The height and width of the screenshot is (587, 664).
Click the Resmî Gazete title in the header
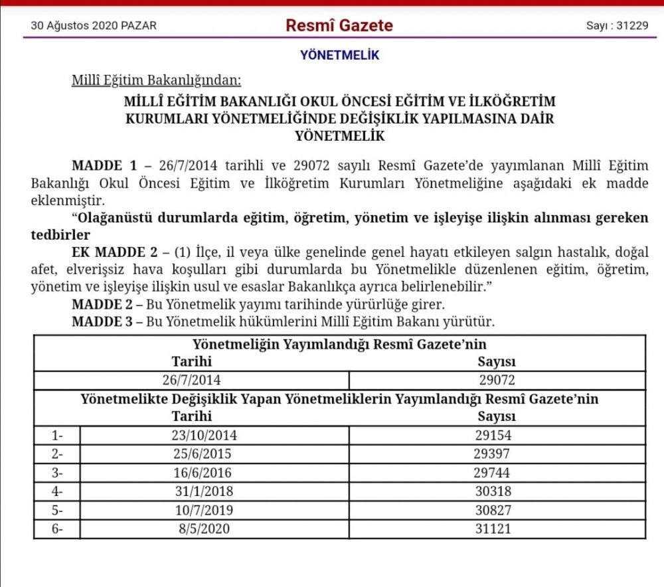(x=339, y=26)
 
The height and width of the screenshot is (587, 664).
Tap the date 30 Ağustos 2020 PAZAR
(x=94, y=27)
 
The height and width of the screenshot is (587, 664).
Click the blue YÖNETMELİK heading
(x=339, y=56)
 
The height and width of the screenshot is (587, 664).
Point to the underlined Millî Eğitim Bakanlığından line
(x=156, y=81)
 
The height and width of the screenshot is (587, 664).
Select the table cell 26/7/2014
(x=192, y=380)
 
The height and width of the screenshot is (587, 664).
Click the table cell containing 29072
(x=497, y=380)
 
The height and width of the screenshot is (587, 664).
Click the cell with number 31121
(x=497, y=529)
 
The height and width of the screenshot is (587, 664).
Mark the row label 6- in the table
(x=58, y=529)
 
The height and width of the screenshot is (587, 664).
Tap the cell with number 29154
(x=497, y=436)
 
